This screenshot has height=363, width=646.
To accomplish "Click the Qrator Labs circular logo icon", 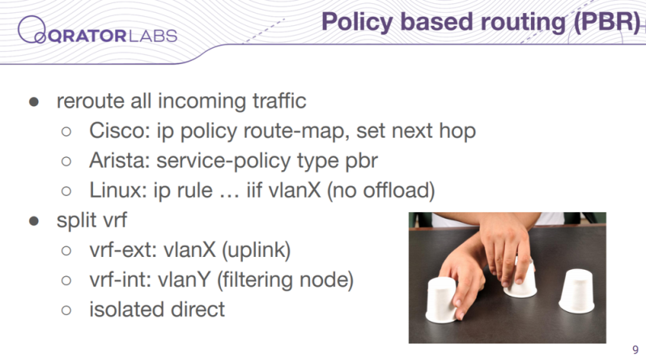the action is point(32,30).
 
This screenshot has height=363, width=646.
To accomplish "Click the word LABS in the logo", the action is point(153,36).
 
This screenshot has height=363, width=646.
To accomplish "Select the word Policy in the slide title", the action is point(357,22).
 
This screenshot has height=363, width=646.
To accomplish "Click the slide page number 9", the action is point(635,349).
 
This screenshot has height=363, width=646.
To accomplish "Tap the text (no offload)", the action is point(380,190).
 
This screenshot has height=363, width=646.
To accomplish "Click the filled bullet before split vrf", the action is point(34,221).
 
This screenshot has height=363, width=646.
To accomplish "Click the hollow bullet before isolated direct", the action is point(66,310).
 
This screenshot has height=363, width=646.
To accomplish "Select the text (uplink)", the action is point(257,250).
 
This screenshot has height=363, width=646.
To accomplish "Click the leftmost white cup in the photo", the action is point(442,300).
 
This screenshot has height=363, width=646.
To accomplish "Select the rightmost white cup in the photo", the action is point(577,291).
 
